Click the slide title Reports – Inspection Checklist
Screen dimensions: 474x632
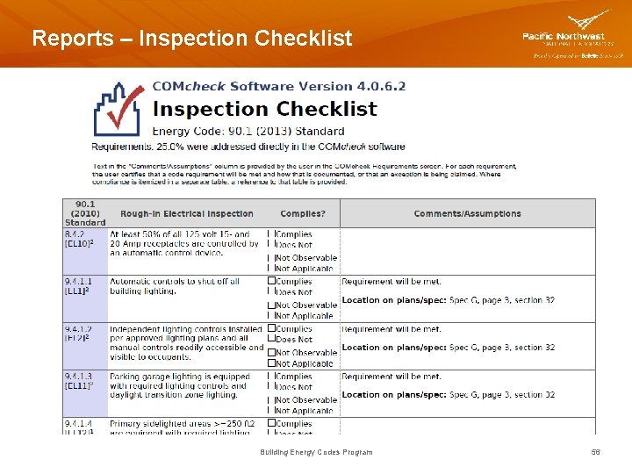[191, 39]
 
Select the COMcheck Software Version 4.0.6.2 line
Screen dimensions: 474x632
[279, 87]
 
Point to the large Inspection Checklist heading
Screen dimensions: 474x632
[264, 110]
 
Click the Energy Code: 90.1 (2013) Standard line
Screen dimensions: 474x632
[248, 132]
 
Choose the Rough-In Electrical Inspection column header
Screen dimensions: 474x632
[187, 214]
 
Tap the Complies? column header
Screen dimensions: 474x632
[303, 214]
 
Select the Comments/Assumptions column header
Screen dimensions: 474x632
[467, 214]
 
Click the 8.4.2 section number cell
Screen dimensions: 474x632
[75, 235]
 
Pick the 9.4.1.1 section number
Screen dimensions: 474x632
[79, 282]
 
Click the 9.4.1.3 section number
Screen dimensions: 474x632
[79, 377]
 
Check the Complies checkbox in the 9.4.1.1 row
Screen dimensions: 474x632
[272, 282]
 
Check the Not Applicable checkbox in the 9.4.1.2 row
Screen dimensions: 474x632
[272, 363]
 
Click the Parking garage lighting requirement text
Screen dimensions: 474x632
[180, 377]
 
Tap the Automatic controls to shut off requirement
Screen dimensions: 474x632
[175, 282]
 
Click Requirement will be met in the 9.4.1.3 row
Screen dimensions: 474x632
[391, 377]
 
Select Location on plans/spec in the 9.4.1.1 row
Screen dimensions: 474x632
[393, 300]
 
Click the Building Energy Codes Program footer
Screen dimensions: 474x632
[316, 452]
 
